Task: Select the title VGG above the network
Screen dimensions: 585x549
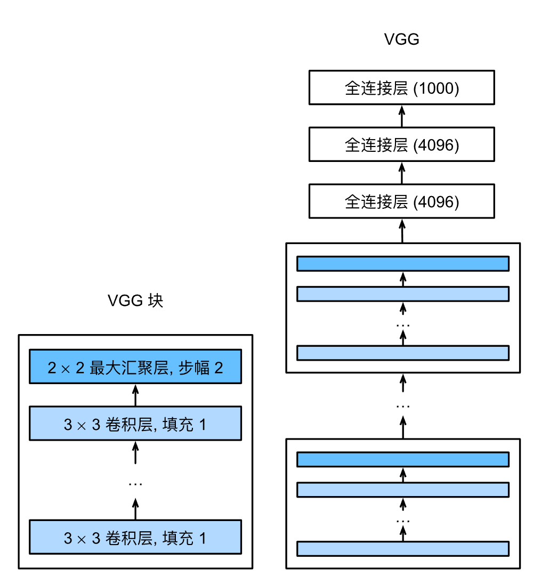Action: [402, 40]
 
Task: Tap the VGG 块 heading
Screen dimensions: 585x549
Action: [135, 301]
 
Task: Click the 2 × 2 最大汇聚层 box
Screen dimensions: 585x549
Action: [135, 367]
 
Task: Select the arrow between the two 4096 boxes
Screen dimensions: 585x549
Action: [402, 173]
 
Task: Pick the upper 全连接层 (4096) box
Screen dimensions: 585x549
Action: [402, 145]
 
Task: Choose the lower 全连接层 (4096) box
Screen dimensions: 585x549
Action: [402, 201]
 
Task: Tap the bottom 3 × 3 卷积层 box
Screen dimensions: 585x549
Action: [135, 537]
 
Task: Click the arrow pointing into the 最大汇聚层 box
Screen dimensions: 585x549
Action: [135, 395]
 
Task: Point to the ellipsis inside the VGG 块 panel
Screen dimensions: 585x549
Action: [135, 484]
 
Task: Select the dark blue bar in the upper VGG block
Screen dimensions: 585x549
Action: [403, 264]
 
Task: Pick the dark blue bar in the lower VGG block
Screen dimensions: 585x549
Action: [403, 459]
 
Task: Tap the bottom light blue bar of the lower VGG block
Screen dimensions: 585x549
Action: [403, 548]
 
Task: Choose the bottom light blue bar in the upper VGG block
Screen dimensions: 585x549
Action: [403, 353]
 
